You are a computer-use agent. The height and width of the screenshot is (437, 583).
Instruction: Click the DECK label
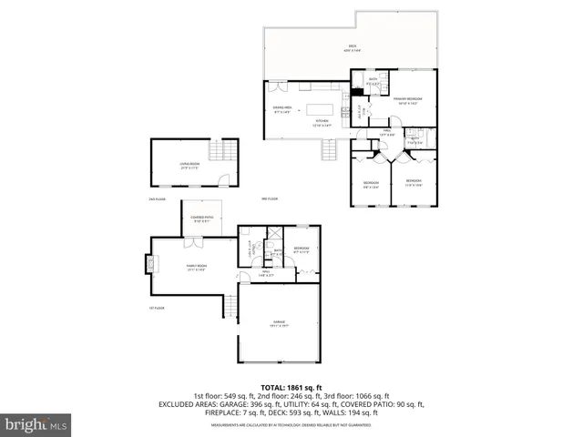pos(352,46)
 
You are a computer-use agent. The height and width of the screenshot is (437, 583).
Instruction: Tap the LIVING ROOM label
pos(189,164)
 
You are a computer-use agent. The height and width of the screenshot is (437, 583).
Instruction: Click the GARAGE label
pos(280,322)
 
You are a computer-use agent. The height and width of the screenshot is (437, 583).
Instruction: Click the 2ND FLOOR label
pos(158,198)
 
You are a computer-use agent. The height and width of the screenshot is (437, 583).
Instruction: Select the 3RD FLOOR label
pos(270,198)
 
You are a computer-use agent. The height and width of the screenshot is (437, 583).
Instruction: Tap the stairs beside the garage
pos(231,310)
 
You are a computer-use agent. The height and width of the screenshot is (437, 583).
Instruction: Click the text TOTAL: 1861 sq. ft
pos(291,387)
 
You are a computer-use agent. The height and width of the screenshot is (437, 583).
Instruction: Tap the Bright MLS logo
pos(36,424)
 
